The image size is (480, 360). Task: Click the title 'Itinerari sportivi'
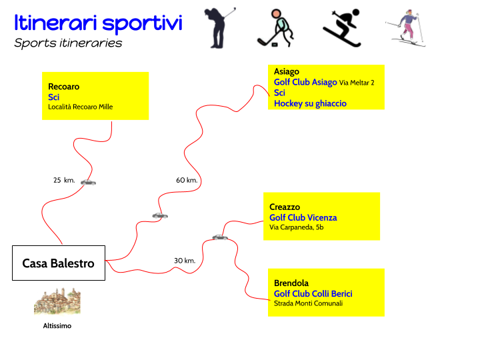[x=98, y=23]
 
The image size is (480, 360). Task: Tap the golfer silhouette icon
[x=219, y=28]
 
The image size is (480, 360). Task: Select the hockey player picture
[x=275, y=28]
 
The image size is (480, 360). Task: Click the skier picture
[x=405, y=30]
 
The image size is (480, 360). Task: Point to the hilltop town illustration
[x=57, y=300]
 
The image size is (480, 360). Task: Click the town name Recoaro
[x=63, y=87]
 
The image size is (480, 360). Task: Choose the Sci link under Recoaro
[x=54, y=97]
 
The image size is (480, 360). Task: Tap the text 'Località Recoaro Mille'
[x=80, y=107]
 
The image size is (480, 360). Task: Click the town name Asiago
[x=287, y=71]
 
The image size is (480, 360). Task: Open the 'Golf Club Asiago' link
[x=305, y=82]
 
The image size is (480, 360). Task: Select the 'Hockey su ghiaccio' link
[x=310, y=103]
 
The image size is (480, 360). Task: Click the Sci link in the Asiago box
[x=280, y=93]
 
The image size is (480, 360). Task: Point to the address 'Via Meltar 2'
[x=357, y=83]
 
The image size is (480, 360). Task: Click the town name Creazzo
[x=285, y=207]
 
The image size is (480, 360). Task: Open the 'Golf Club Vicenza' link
[x=303, y=217]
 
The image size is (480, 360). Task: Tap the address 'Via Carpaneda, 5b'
[x=297, y=227]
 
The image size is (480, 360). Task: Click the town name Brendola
[x=291, y=283]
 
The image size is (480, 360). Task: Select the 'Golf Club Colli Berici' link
[x=313, y=293]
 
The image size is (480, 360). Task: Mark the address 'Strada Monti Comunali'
[x=308, y=303]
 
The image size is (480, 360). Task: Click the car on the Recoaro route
[x=88, y=182]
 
